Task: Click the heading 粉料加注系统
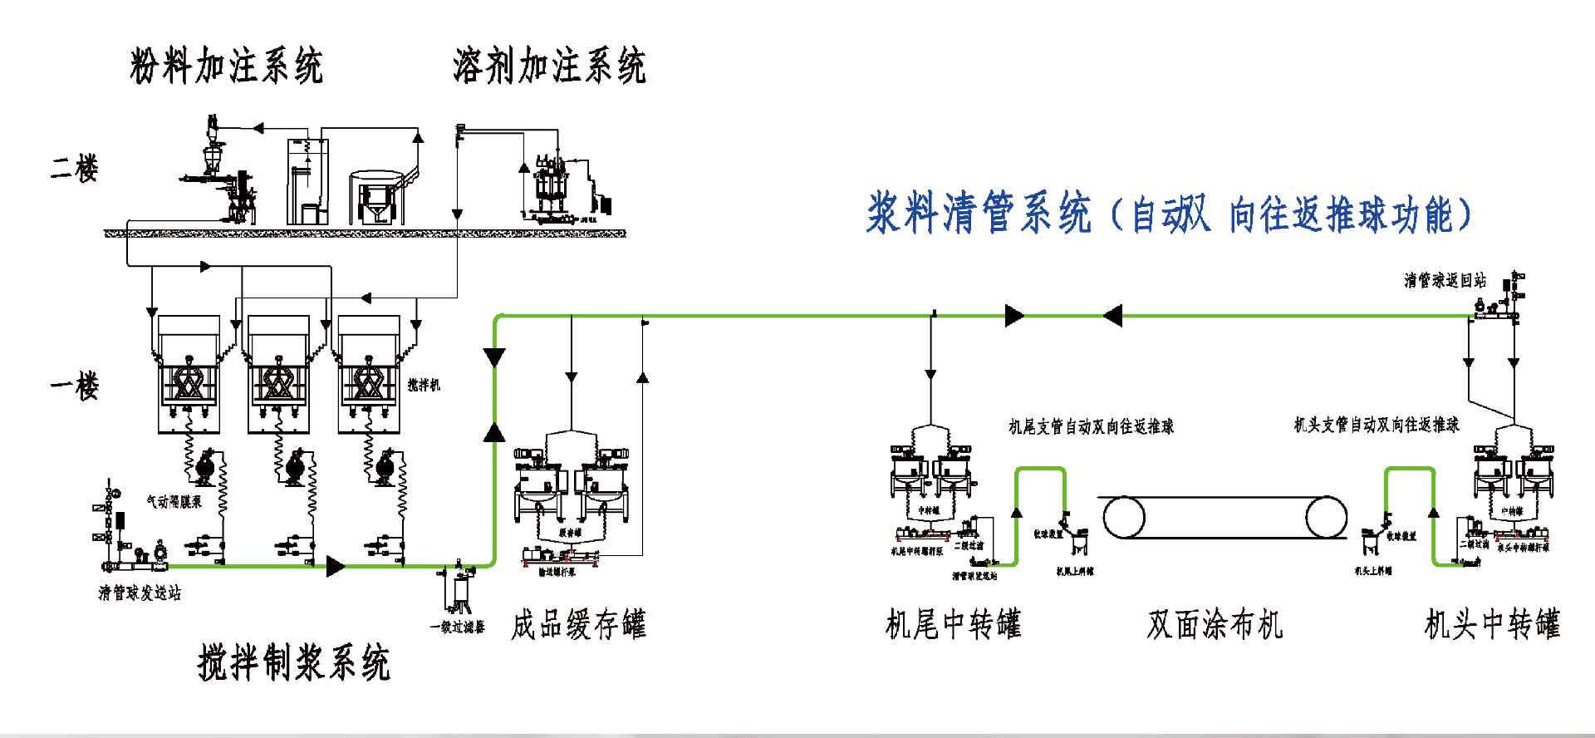(x=226, y=66)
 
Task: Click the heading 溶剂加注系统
(x=549, y=66)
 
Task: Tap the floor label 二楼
(x=75, y=168)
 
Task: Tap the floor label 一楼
(x=75, y=386)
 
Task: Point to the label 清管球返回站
(x=1445, y=280)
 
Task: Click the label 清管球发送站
(x=140, y=593)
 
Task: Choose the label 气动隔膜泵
(x=174, y=501)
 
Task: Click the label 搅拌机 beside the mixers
(x=424, y=385)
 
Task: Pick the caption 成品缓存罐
(x=578, y=624)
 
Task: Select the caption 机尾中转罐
(x=953, y=624)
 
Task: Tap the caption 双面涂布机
(x=1215, y=624)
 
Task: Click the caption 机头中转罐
(x=1492, y=624)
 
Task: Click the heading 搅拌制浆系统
(x=293, y=663)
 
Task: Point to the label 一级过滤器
(x=457, y=627)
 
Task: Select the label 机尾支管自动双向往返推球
(x=1091, y=426)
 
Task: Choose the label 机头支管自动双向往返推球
(x=1377, y=425)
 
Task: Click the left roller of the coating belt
(x=1123, y=518)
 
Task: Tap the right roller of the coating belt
(x=1326, y=518)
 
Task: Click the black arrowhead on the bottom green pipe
(x=336, y=567)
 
